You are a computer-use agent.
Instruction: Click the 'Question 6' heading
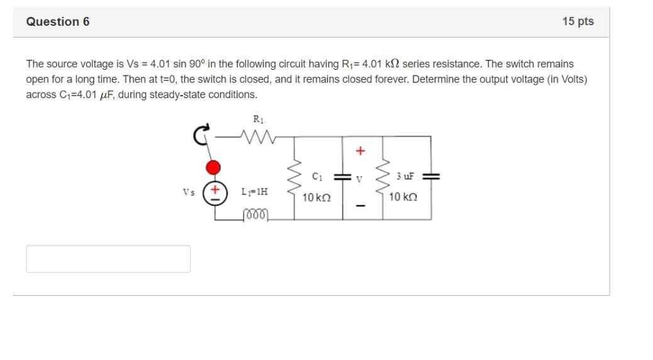58,22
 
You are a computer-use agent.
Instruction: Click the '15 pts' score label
578,22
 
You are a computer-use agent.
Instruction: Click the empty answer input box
108,259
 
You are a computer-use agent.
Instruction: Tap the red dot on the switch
214,167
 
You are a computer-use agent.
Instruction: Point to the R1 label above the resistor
257,119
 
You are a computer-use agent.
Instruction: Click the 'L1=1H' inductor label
255,191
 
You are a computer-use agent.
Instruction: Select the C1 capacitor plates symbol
343,177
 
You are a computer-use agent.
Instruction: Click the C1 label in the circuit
318,176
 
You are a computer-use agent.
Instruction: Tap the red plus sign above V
360,151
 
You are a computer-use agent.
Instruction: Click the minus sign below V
360,206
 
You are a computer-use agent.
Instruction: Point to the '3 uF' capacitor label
405,176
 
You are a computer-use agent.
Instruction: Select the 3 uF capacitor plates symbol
431,177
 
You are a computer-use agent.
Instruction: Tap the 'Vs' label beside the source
189,192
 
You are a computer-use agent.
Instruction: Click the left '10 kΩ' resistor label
316,198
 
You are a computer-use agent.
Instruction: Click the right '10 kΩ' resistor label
403,197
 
